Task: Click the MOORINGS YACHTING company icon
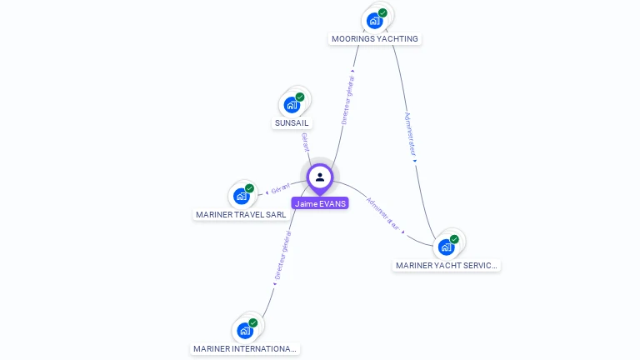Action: point(375,20)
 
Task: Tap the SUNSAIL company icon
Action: point(292,104)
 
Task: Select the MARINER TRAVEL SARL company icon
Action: point(242,196)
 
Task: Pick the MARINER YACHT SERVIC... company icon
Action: point(447,247)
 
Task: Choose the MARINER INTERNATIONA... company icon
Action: point(245,330)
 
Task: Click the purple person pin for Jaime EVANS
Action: point(320,177)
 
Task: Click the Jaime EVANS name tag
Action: point(320,203)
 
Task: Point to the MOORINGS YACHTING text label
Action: point(375,39)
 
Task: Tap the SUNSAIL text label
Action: point(292,123)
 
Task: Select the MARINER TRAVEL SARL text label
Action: point(241,215)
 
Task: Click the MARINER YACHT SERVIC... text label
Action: point(447,266)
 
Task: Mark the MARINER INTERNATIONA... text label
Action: point(245,349)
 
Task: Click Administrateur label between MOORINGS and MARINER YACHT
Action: point(410,133)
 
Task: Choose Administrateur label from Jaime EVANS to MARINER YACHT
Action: point(383,214)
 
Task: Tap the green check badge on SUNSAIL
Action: point(300,97)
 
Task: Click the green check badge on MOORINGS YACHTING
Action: point(382,12)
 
